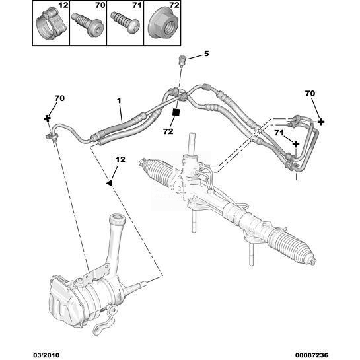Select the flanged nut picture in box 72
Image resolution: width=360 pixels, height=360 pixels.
(x=162, y=26)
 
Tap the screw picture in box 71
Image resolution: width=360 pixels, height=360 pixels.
(x=125, y=23)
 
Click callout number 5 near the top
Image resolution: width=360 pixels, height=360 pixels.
(x=206, y=54)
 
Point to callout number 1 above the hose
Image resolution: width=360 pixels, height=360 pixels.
(x=119, y=100)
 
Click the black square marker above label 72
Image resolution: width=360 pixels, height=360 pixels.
(x=176, y=112)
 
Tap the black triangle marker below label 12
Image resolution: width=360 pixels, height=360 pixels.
(x=110, y=183)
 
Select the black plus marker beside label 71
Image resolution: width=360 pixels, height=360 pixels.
(x=296, y=144)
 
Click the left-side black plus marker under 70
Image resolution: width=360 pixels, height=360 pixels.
(x=48, y=118)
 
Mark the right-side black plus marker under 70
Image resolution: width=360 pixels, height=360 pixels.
(x=321, y=122)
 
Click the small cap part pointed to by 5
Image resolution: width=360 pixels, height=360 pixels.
(x=182, y=61)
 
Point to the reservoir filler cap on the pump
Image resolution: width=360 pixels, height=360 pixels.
(x=118, y=219)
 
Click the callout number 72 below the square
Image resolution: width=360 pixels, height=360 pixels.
(x=168, y=131)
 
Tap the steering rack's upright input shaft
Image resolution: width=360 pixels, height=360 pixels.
(x=192, y=145)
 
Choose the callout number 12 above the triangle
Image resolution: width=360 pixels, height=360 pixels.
(x=120, y=159)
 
